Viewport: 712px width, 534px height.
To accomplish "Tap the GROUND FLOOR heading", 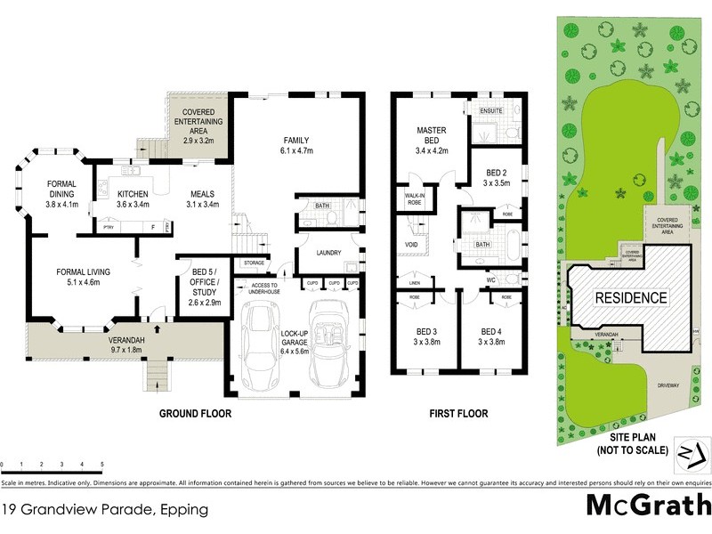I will (195, 413).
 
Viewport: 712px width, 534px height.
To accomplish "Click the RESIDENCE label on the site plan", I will (630, 297).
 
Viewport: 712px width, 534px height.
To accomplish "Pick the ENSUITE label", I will (491, 110).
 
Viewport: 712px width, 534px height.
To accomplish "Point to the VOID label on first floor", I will (411, 244).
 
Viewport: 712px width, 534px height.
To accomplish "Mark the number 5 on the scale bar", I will (101, 465).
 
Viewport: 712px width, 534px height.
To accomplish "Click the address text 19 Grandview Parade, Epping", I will (105, 510).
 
